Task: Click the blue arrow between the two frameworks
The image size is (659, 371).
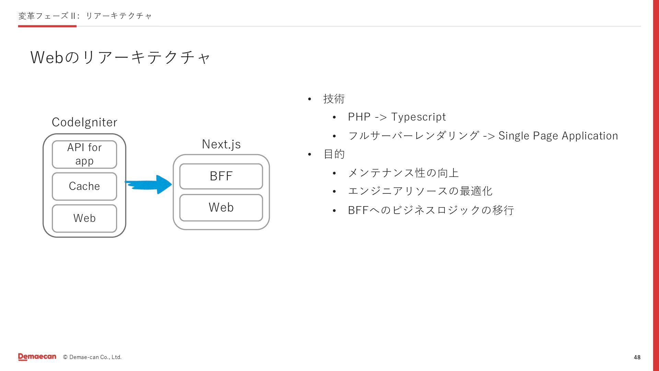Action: coord(149,184)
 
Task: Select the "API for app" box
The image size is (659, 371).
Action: coord(84,154)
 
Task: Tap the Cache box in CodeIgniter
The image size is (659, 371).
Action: coord(84,186)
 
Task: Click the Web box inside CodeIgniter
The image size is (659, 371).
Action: coord(84,218)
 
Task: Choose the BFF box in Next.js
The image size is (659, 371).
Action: coord(221,176)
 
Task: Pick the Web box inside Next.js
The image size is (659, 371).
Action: coord(221,207)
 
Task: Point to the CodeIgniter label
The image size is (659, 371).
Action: coord(84,122)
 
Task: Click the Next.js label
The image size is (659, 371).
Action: coord(221,144)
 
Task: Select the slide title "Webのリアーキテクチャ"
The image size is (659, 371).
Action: coord(120,57)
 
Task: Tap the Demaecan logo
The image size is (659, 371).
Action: coord(37,357)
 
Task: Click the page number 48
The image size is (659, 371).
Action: coord(637,357)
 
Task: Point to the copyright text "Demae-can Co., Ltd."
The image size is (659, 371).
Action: coord(95,357)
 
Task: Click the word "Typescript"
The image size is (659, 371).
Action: coord(418,117)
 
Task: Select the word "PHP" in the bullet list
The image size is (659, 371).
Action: coord(359,117)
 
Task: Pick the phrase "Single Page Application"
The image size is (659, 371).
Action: coord(558,136)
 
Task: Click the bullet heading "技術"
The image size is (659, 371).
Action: coord(334,99)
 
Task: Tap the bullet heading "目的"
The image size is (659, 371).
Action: coord(334,154)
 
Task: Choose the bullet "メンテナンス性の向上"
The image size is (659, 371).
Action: coord(403,173)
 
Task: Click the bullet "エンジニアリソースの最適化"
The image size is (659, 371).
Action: coord(420,191)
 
